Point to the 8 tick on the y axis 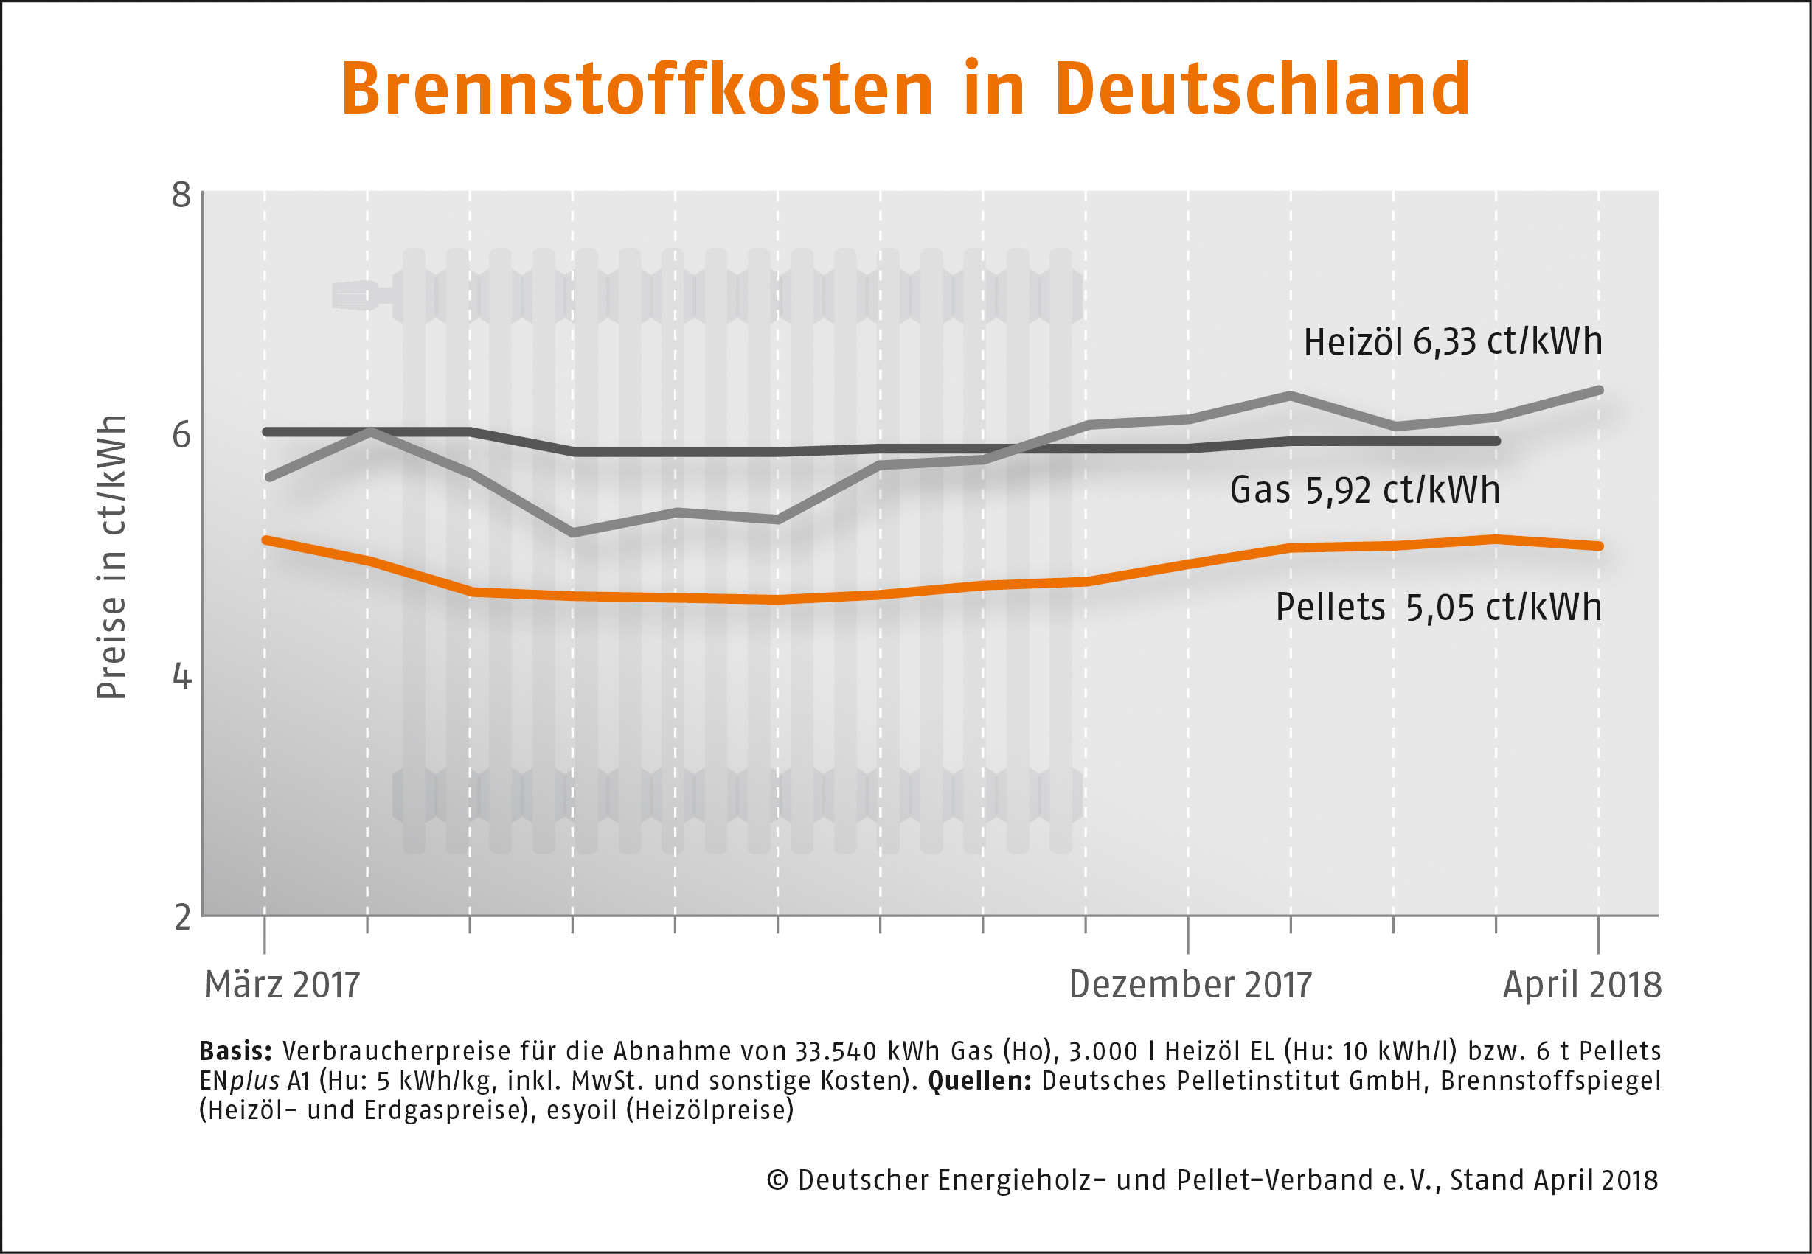181,194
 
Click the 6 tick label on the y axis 181,434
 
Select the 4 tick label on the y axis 181,676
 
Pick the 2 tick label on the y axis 182,917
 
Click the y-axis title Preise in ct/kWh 111,557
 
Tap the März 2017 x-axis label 282,984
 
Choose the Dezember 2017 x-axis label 1190,984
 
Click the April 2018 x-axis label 1582,984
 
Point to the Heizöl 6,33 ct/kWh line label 1453,342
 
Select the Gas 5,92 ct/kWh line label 1365,490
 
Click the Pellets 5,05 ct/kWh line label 1438,607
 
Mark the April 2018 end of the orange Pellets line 1598,546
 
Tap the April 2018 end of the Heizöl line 1598,391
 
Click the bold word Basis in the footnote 235,1051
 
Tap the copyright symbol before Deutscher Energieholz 777,1180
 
